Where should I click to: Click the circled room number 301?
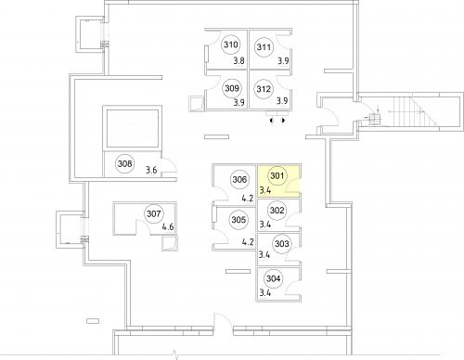point(277,175)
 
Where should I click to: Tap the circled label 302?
point(277,210)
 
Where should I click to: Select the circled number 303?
point(282,244)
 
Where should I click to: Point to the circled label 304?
point(273,278)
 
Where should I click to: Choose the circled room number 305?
point(238,220)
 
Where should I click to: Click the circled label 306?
point(239,180)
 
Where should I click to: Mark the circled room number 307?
point(154,214)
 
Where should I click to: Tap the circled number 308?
point(124,165)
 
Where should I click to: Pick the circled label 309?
point(232,89)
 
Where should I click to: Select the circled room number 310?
point(231,45)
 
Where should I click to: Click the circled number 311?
point(264,48)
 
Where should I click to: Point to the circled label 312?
point(264,90)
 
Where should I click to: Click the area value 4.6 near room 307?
point(168,227)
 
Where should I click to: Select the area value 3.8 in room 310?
point(238,61)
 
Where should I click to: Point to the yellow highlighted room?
point(283,181)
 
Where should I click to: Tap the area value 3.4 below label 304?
point(264,293)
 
